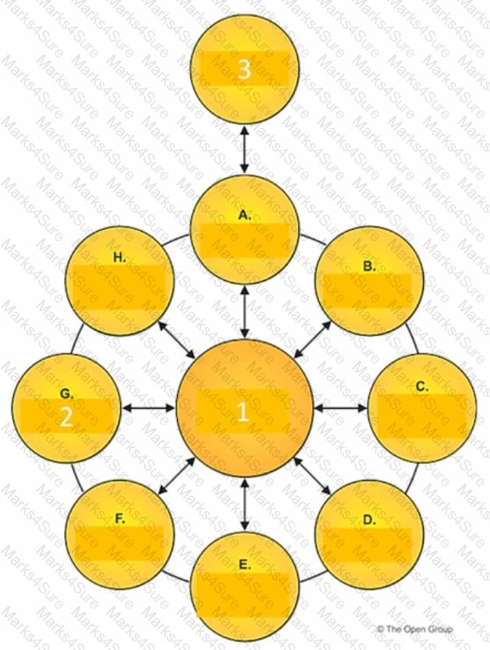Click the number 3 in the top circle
[244, 69]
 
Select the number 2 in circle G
[66, 417]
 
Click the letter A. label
[245, 216]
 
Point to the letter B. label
[369, 266]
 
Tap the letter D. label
[369, 520]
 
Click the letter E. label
[245, 564]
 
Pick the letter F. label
[120, 518]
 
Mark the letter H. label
[120, 257]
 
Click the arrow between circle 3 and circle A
[245, 147]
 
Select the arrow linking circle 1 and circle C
[341, 407]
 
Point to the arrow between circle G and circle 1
[148, 407]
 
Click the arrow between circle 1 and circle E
[245, 506]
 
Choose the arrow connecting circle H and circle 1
[176, 340]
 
